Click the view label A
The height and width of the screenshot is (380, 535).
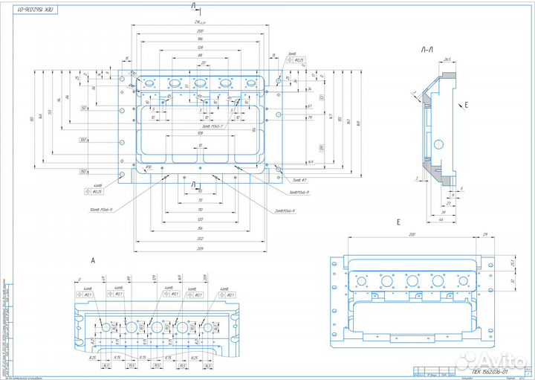click(x=93, y=260)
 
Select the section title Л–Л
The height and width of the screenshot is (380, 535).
click(x=428, y=51)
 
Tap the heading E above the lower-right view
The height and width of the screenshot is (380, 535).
click(x=399, y=222)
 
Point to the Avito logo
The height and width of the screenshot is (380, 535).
click(x=505, y=359)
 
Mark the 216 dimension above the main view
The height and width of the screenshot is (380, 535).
click(x=200, y=23)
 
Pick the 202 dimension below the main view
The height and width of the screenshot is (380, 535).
click(x=200, y=238)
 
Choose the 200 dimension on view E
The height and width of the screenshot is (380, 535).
click(x=410, y=235)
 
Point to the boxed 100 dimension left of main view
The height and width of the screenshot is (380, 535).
click(x=83, y=140)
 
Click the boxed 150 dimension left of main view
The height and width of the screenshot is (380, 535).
click(x=83, y=172)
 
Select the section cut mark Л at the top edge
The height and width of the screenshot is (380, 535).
click(x=195, y=6)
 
